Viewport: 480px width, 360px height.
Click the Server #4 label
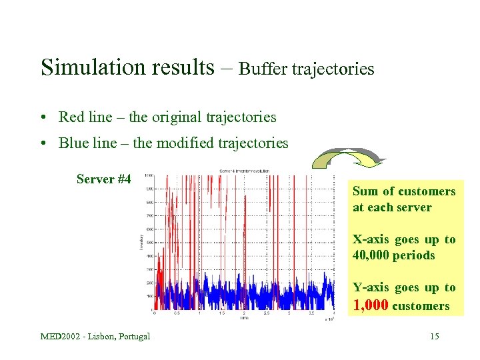click(104, 179)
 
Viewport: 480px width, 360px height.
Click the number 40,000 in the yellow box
click(373, 255)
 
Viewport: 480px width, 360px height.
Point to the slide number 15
click(435, 336)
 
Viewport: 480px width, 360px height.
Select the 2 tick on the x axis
click(244, 313)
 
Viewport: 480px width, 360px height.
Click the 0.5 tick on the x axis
click(177, 313)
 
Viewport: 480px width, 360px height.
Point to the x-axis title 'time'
click(244, 318)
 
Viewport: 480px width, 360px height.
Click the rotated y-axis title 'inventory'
click(141, 243)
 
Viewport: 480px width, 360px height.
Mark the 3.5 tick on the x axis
click(311, 313)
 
